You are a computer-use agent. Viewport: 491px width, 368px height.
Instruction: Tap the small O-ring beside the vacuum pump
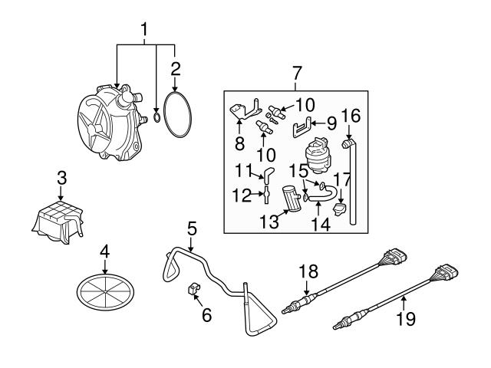pos(157,117)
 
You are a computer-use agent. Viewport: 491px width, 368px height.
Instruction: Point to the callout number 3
pos(61,178)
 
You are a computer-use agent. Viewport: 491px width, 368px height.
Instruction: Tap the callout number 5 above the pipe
pos(191,228)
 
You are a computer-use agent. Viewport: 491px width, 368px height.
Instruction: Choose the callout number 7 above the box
pos(298,74)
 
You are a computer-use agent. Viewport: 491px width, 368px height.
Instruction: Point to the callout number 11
pos(243,170)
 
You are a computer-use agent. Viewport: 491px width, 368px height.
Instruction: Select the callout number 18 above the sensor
pos(307,271)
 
